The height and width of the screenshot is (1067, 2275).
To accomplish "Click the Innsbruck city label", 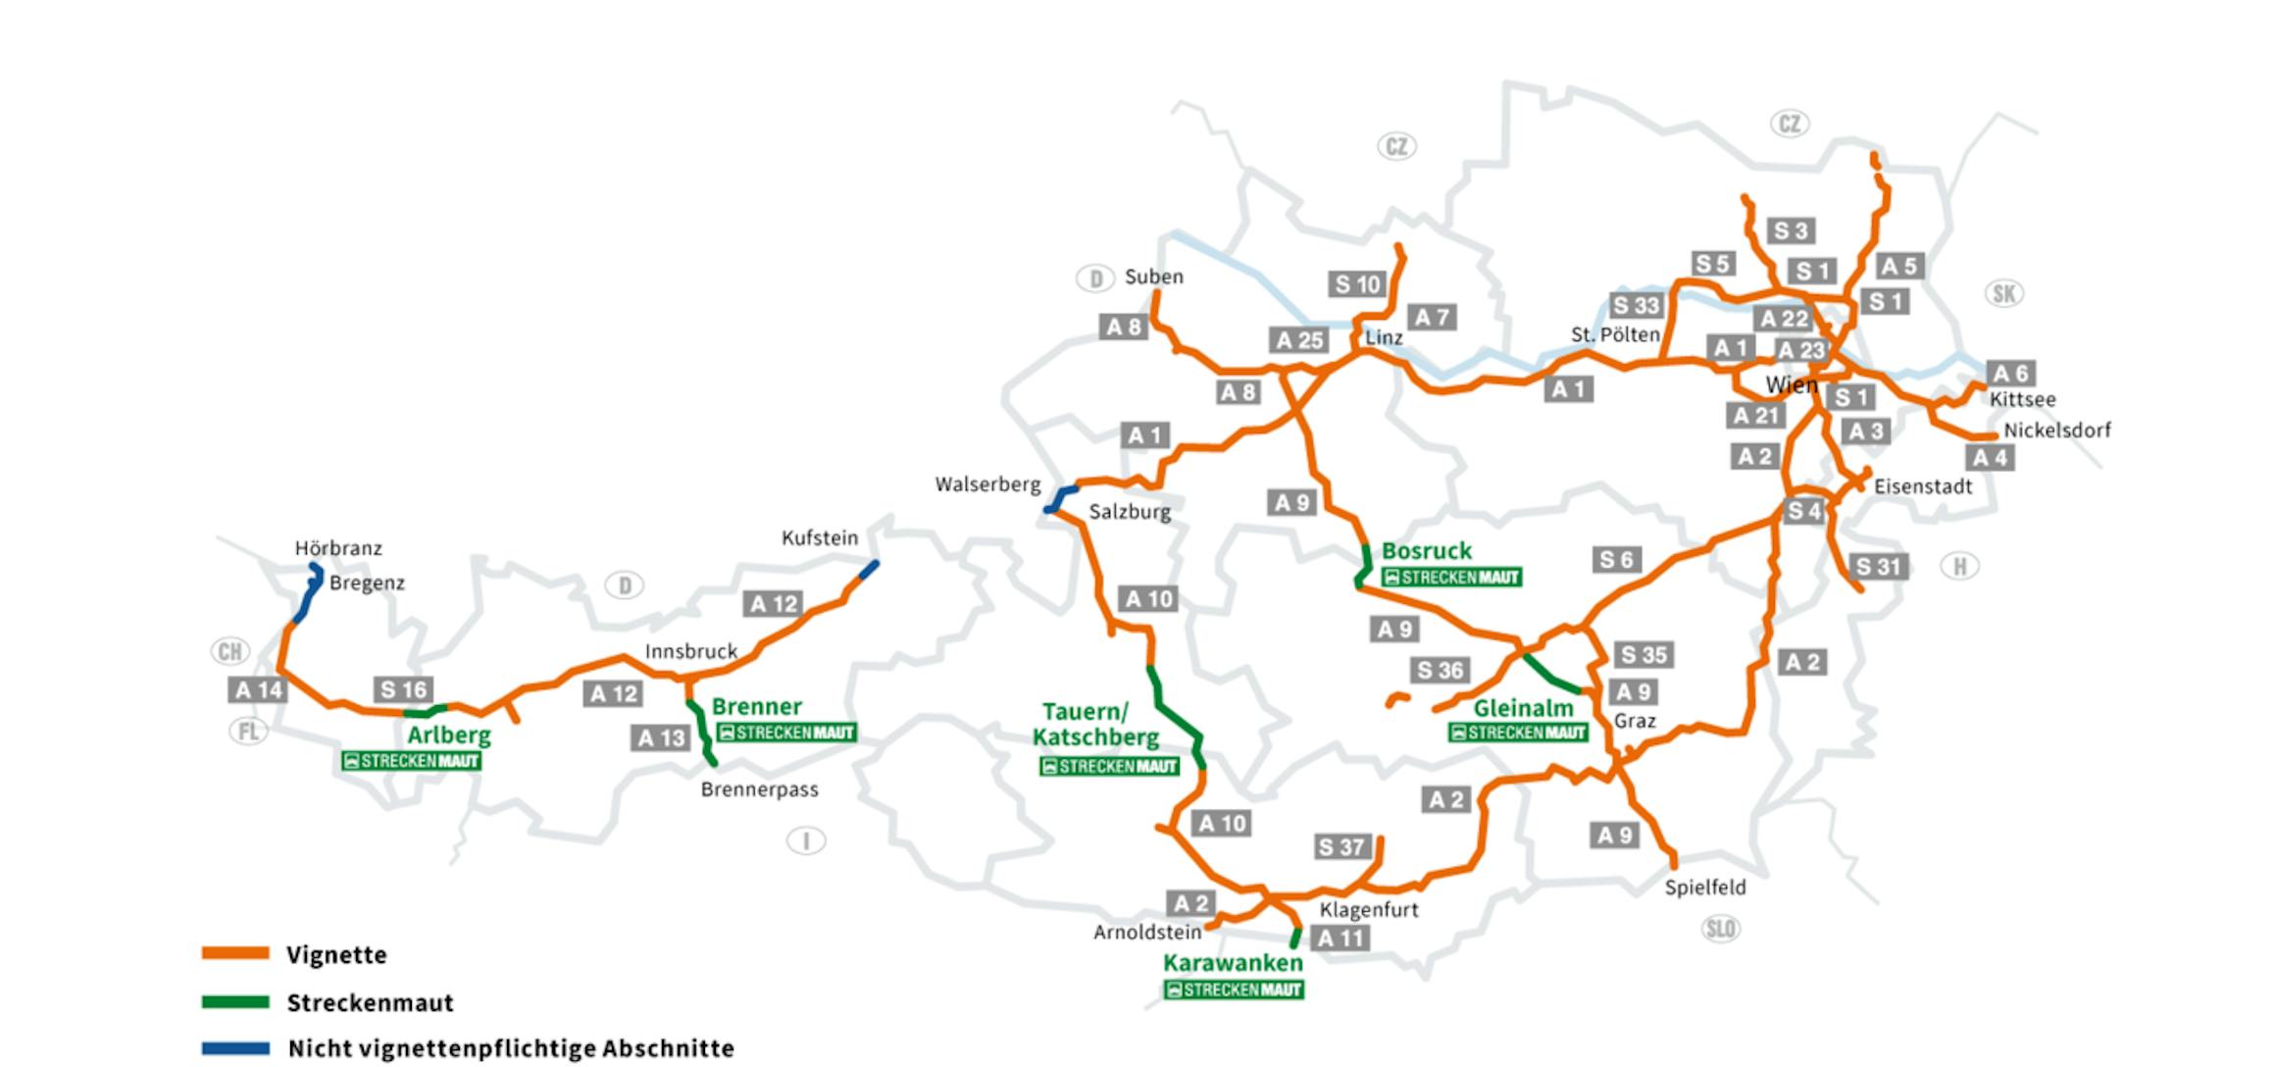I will (690, 651).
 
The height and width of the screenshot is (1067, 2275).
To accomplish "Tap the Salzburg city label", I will (1130, 512).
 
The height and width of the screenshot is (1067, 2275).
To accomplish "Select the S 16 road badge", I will (403, 689).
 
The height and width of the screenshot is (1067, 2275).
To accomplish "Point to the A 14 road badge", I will (258, 690).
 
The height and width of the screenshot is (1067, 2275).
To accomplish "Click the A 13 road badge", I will (660, 737).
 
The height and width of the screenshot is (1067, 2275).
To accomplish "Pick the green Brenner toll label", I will (756, 706).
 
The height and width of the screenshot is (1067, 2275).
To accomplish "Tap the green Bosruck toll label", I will (1427, 551).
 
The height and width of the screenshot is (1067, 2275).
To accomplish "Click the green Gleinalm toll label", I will (1523, 708).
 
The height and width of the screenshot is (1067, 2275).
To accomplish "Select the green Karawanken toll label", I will (1233, 963).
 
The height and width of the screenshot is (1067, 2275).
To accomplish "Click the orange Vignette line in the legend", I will (235, 953).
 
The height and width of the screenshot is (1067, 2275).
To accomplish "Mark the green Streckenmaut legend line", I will (235, 1002).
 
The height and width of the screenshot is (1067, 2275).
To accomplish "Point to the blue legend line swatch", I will (235, 1048).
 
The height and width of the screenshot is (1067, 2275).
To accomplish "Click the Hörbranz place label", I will (338, 548).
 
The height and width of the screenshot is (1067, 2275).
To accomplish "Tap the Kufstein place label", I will (820, 537).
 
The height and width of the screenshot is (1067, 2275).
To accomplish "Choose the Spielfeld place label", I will (1705, 888).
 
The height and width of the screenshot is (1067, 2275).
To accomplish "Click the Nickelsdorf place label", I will (2057, 431).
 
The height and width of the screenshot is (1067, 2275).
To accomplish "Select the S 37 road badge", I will (1341, 846).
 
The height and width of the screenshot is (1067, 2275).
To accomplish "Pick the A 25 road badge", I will (1299, 340).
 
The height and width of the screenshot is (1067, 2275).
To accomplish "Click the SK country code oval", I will (2004, 293).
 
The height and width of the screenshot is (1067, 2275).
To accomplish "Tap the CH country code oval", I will (230, 651).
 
